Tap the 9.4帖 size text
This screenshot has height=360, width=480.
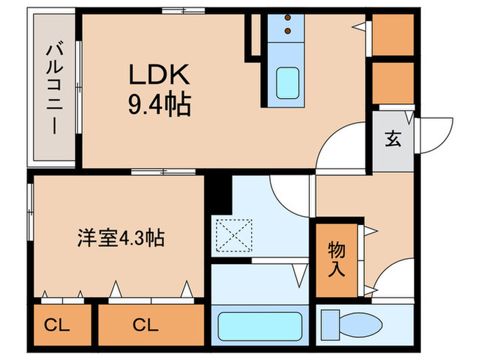(158, 104)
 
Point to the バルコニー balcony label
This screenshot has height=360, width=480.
(52, 88)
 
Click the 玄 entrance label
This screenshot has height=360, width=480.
(393, 139)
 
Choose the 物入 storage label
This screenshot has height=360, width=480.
(336, 259)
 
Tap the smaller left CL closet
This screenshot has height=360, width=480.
(61, 324)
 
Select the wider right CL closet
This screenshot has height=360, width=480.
(152, 324)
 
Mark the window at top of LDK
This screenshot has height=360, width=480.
(164, 11)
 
